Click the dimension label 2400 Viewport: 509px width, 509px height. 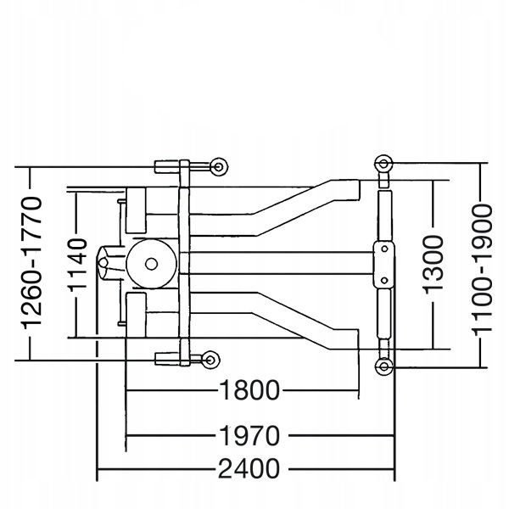[x=249, y=469]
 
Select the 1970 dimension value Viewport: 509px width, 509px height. [x=249, y=435]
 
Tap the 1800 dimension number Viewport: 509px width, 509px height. [x=249, y=390]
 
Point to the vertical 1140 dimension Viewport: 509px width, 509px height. [x=78, y=264]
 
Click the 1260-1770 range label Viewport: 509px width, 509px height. [x=32, y=263]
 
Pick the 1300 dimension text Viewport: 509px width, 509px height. [x=433, y=265]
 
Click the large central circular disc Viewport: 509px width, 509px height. [x=151, y=264]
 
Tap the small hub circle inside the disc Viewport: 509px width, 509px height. [x=151, y=264]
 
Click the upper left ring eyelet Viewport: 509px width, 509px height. [x=219, y=167]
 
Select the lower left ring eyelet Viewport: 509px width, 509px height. [x=210, y=360]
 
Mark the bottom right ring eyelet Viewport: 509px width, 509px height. [x=383, y=366]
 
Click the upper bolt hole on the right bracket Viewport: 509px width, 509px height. [x=384, y=249]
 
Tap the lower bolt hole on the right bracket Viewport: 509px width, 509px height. [x=384, y=280]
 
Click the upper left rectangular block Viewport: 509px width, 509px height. [x=136, y=210]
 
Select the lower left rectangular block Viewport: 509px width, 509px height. [x=136, y=315]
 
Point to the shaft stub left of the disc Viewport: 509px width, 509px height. [x=110, y=263]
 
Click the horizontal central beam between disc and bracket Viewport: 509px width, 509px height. [x=276, y=263]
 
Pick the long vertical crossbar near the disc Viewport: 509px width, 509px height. [x=184, y=263]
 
